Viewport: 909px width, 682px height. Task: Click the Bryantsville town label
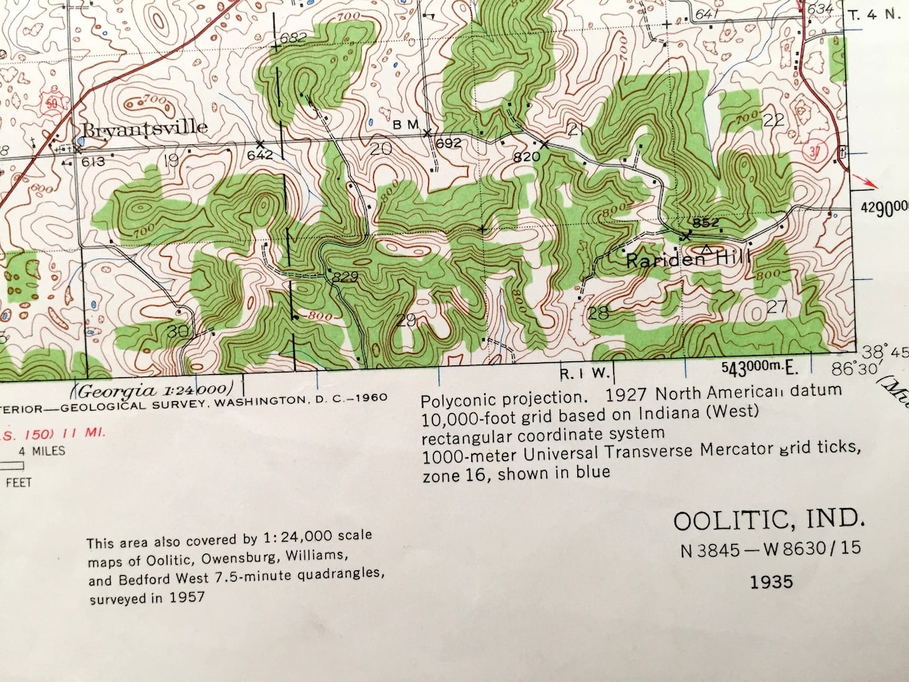[143, 128]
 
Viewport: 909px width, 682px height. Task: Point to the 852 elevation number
[706, 223]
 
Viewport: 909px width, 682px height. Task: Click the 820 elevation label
[526, 157]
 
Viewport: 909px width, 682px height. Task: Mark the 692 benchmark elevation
[448, 144]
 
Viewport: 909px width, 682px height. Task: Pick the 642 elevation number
[260, 155]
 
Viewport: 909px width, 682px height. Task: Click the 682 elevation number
[293, 37]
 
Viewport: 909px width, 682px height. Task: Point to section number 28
[598, 313]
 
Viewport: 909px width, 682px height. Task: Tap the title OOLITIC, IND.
[769, 521]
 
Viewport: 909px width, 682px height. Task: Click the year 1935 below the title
[771, 581]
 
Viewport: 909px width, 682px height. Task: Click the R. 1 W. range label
[585, 373]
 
